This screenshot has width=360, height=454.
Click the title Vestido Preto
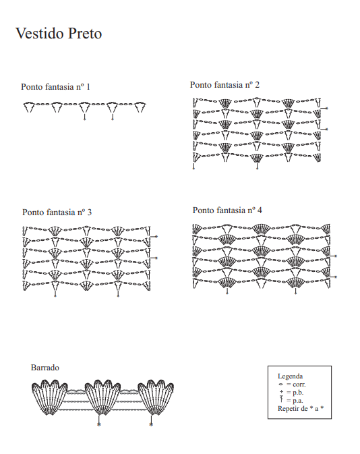[x=59, y=33]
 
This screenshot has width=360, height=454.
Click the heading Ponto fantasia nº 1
[x=55, y=87]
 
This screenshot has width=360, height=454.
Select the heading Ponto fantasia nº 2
[x=224, y=85]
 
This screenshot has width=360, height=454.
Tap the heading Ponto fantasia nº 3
[x=57, y=212]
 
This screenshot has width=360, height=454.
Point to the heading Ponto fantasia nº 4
[x=227, y=210]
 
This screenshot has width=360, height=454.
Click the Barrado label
[x=45, y=368]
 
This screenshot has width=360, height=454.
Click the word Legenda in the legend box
[x=291, y=376]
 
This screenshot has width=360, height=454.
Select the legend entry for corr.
[x=292, y=385]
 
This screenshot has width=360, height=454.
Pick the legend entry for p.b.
[x=291, y=393]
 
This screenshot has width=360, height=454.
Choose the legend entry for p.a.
[x=291, y=401]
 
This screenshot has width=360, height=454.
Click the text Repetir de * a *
[x=301, y=409]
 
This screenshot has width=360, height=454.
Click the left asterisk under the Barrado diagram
[x=99, y=425]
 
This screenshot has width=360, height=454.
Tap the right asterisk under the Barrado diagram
[x=151, y=425]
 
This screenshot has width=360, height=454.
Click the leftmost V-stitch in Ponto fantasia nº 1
[x=29, y=107]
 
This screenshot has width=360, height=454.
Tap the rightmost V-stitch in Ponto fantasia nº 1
[x=140, y=107]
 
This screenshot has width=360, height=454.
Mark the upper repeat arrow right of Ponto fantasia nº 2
[x=324, y=109]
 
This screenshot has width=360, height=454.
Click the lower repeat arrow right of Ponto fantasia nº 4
[x=334, y=277]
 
